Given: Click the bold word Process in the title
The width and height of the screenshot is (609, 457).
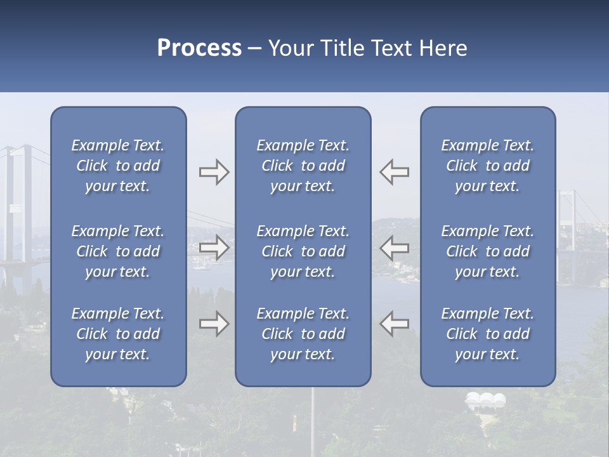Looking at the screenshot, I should click(x=199, y=48).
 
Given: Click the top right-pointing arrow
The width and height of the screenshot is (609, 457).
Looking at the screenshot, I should click(x=214, y=172).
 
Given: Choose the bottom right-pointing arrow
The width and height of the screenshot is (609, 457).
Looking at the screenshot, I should click(x=214, y=324).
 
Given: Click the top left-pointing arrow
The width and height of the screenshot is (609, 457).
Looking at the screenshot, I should click(x=395, y=172).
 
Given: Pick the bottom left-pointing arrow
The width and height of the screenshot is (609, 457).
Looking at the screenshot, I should click(x=395, y=324).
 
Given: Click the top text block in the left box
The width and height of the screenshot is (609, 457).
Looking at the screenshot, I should click(x=118, y=166).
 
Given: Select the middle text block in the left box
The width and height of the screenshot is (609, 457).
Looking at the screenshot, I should click(x=118, y=251).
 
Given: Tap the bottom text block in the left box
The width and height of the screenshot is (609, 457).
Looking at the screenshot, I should click(x=118, y=334).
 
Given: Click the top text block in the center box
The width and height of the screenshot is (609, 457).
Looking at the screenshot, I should click(x=303, y=166).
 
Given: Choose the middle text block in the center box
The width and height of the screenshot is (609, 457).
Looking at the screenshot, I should click(x=303, y=251).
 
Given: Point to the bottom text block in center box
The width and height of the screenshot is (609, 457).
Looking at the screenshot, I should click(x=303, y=334).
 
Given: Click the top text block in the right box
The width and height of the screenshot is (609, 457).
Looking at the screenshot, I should click(x=488, y=166).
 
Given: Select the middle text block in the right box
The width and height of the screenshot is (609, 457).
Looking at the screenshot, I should click(x=488, y=251).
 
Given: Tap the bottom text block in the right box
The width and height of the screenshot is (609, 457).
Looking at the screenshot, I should click(x=488, y=334).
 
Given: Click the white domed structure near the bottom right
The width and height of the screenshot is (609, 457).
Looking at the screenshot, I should click(x=486, y=400).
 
